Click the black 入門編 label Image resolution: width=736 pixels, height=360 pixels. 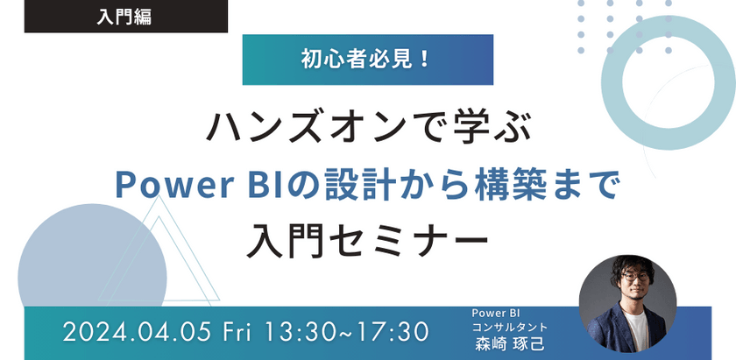pyautogui.click(x=124, y=17)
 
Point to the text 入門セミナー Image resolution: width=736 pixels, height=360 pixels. pyautogui.click(x=368, y=236)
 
